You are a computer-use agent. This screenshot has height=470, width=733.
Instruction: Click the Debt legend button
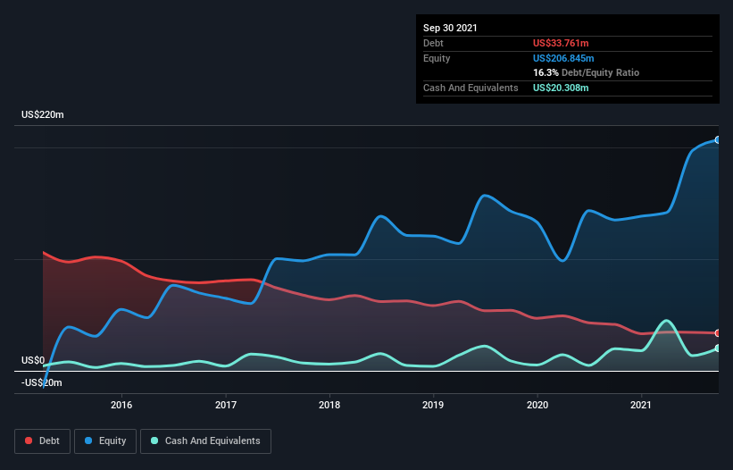click(41, 441)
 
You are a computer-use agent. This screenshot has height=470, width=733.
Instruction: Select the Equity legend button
click(106, 441)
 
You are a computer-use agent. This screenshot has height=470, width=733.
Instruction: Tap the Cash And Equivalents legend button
click(205, 441)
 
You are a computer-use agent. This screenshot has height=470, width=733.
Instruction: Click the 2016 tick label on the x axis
click(121, 405)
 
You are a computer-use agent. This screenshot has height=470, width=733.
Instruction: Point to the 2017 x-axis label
click(226, 405)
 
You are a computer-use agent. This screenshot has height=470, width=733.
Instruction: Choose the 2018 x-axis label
click(329, 405)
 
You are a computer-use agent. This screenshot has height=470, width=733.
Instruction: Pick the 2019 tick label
click(433, 405)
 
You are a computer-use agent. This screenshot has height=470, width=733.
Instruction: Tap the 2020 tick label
click(537, 405)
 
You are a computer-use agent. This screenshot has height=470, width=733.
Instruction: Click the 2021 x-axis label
click(641, 405)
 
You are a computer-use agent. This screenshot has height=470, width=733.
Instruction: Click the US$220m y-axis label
click(43, 115)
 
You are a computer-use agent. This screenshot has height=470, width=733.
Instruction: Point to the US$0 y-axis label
click(32, 361)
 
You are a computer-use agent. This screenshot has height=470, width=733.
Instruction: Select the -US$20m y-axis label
click(41, 382)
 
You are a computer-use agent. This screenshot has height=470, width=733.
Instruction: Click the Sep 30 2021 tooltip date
click(450, 28)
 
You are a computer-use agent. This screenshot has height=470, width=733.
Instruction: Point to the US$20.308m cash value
click(562, 88)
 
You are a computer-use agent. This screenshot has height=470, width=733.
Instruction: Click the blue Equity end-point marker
click(717, 140)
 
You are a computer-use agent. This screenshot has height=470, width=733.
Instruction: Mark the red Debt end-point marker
click(717, 333)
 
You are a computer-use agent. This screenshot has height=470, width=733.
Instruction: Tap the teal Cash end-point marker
click(717, 348)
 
